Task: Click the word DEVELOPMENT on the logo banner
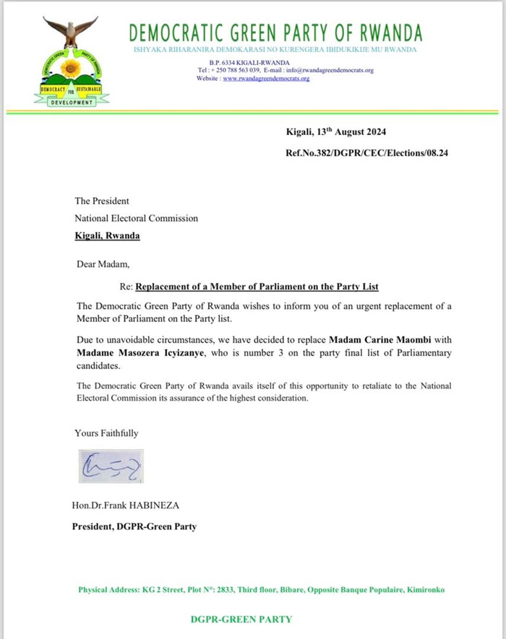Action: tap(72, 103)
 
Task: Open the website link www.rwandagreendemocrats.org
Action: tap(265, 78)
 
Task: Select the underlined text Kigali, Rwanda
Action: tap(107, 235)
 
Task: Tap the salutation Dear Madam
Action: tap(102, 264)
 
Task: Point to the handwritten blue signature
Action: tap(111, 467)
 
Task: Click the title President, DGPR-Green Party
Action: tap(134, 526)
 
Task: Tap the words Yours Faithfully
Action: tap(106, 433)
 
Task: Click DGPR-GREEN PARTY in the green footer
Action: tap(241, 620)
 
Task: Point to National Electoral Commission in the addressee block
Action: tap(136, 218)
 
